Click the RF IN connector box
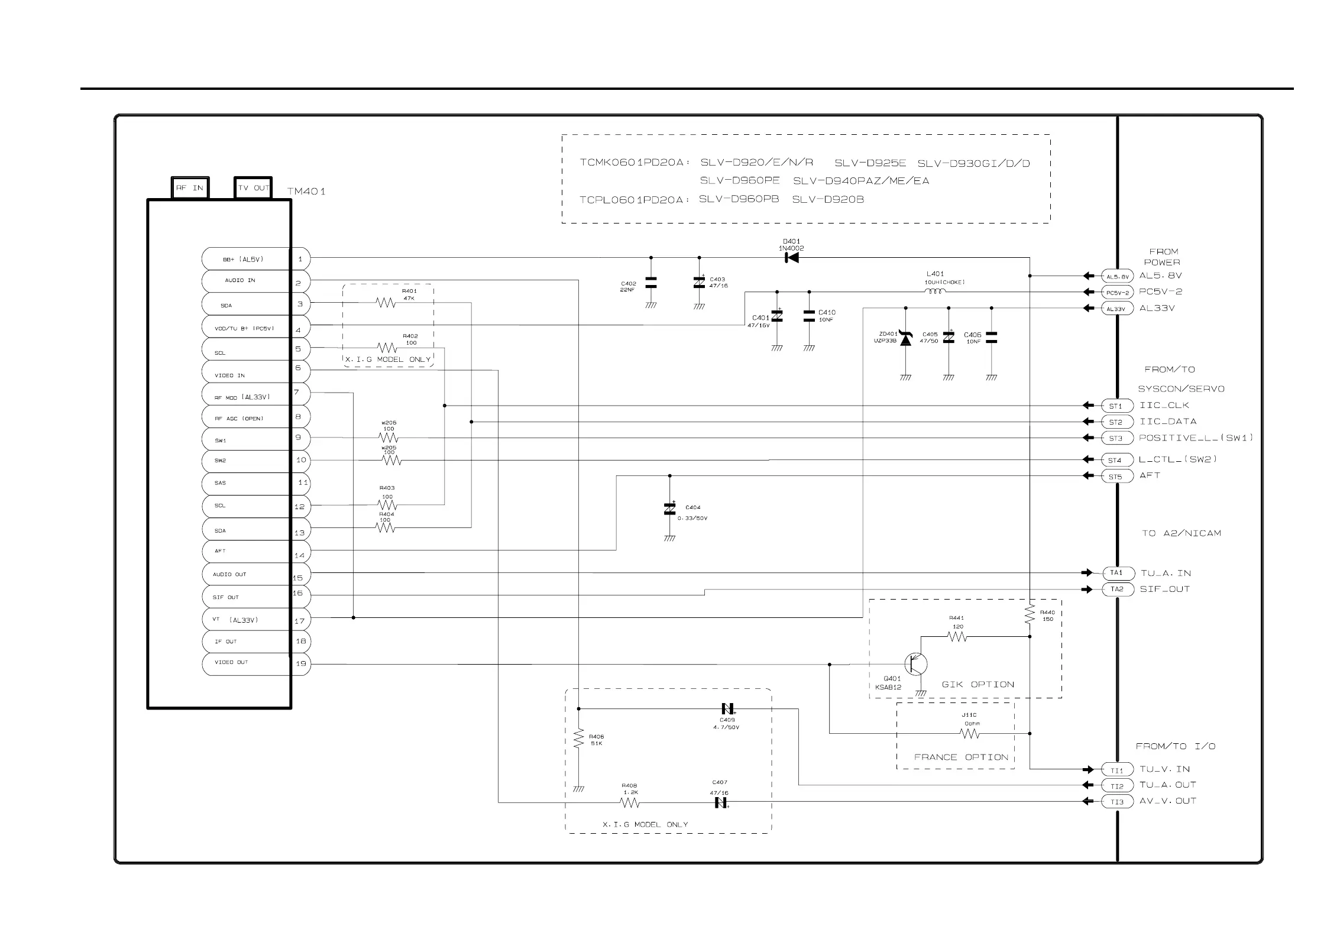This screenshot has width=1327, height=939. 190,188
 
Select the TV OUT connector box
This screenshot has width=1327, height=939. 253,188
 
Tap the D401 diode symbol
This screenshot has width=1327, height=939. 791,258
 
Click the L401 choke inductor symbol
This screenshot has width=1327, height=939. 935,292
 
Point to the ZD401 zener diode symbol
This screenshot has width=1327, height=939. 905,338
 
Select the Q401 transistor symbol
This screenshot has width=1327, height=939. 915,664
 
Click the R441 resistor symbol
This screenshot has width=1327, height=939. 957,637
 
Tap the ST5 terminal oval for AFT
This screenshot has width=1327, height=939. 1116,477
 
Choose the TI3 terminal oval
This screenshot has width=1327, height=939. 1117,802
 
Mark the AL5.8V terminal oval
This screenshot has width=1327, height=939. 1117,276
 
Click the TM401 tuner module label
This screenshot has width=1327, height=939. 306,192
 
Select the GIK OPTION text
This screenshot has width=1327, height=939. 978,685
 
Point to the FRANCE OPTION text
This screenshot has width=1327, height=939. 960,757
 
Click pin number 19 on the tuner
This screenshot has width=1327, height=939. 301,663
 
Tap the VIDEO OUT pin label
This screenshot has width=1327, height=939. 231,662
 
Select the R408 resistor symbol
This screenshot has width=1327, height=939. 630,802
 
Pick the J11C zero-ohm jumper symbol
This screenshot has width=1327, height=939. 970,734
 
